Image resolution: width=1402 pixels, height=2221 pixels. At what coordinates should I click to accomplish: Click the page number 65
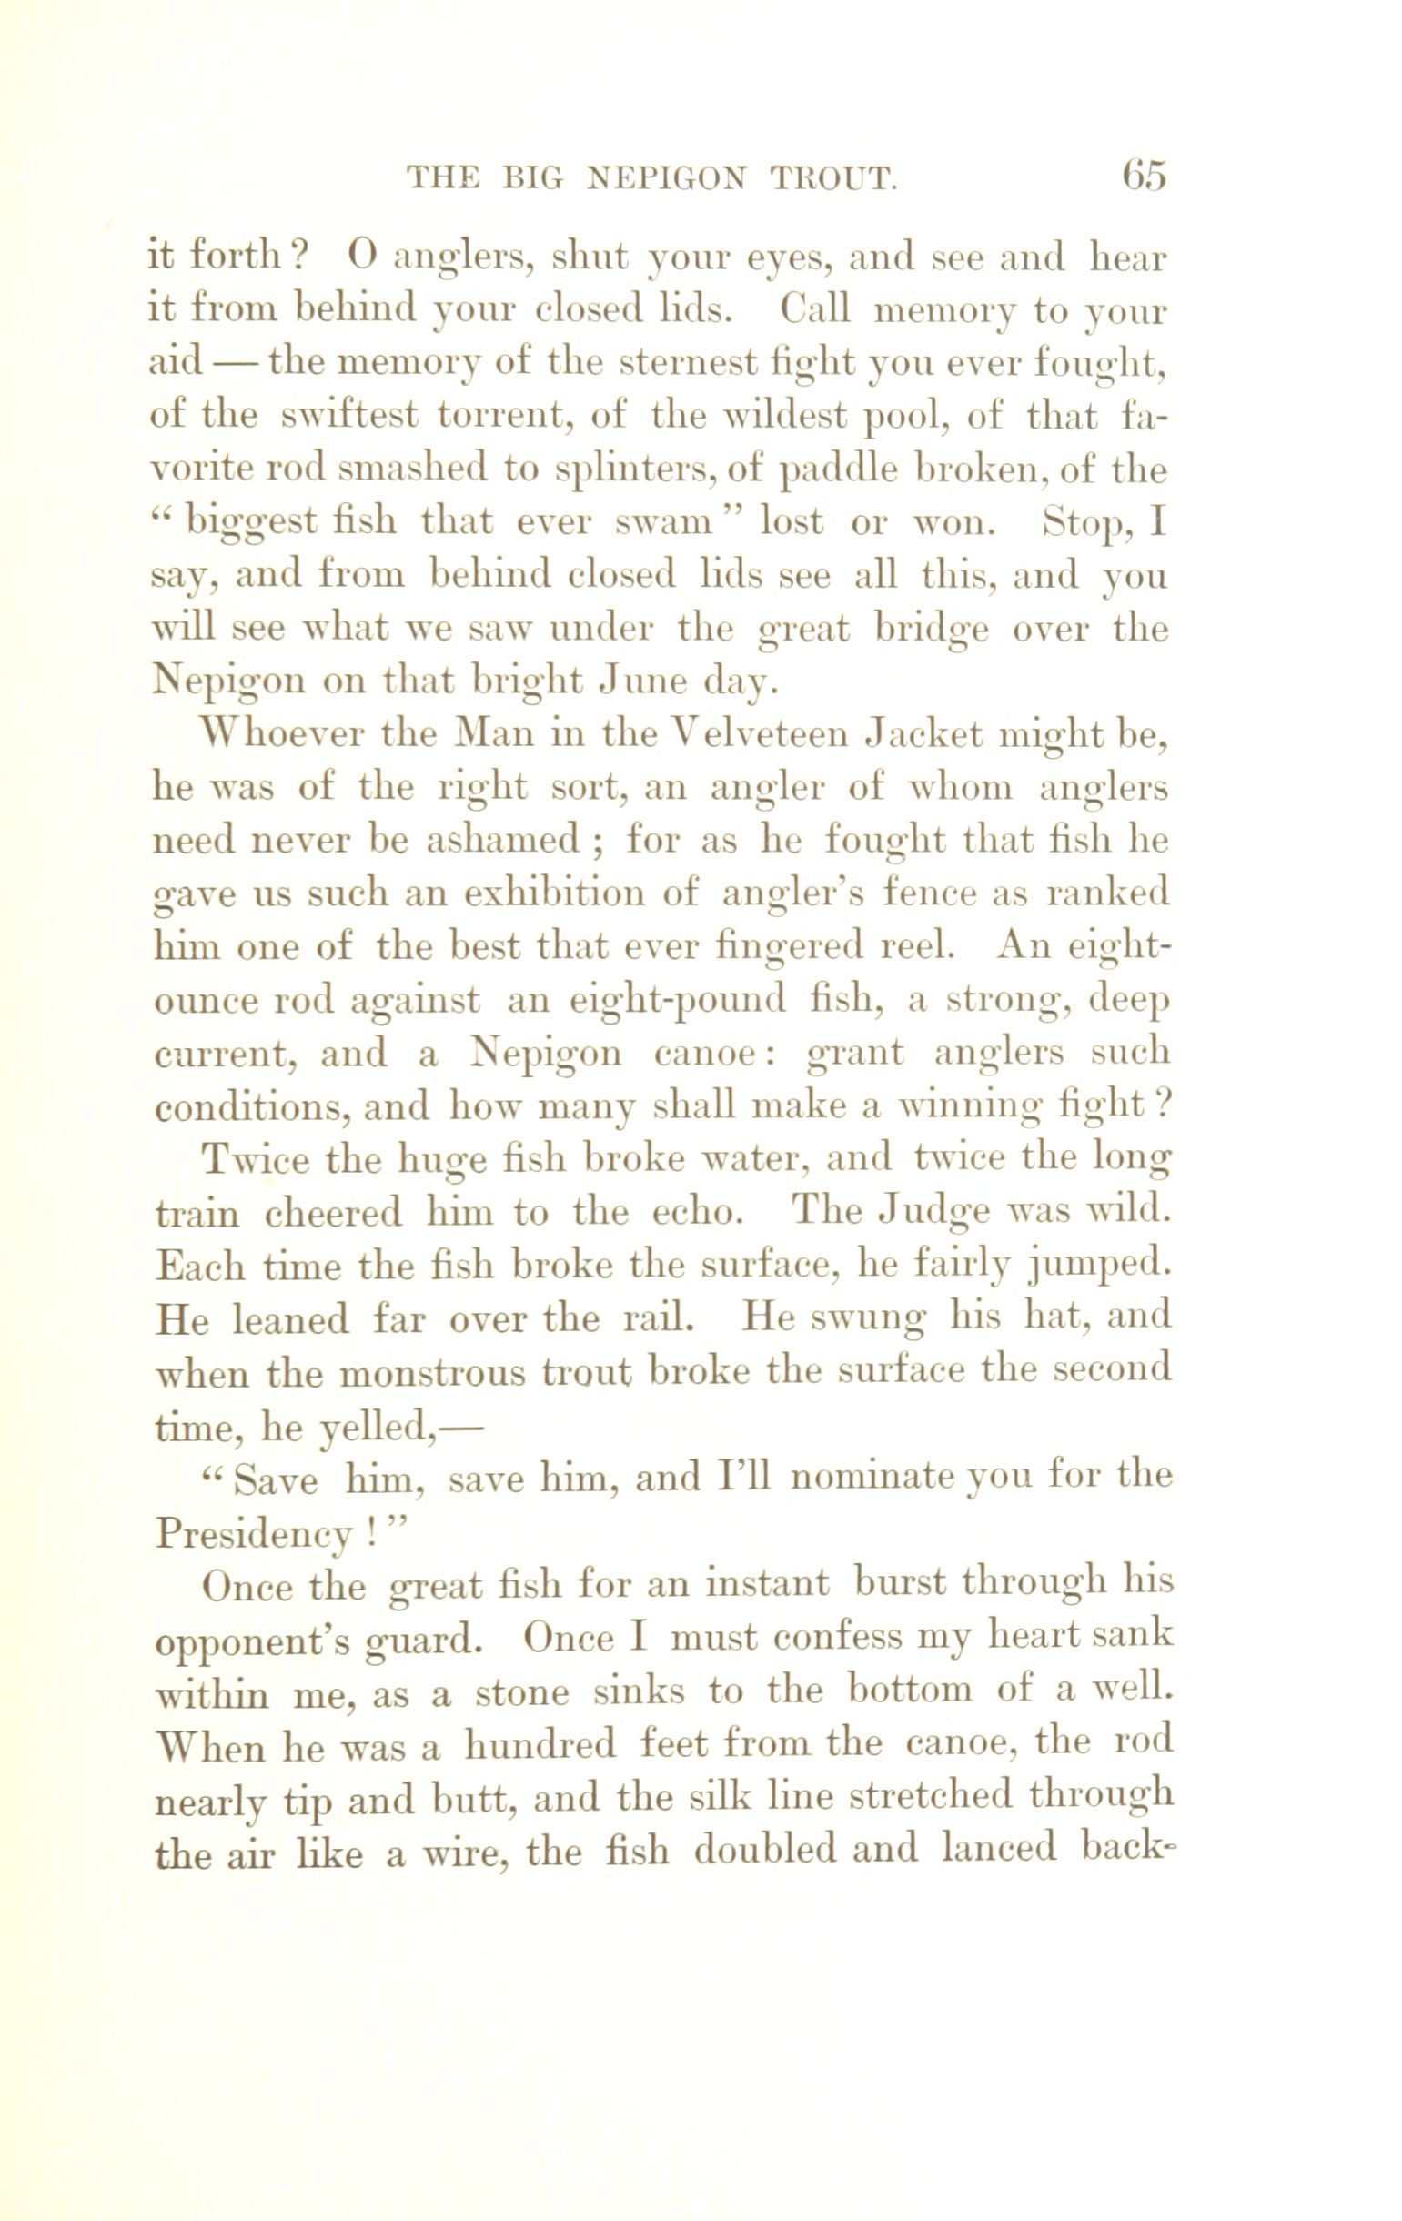pyautogui.click(x=1144, y=175)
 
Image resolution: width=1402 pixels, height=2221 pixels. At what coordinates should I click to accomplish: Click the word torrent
pyautogui.click(x=502, y=417)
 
